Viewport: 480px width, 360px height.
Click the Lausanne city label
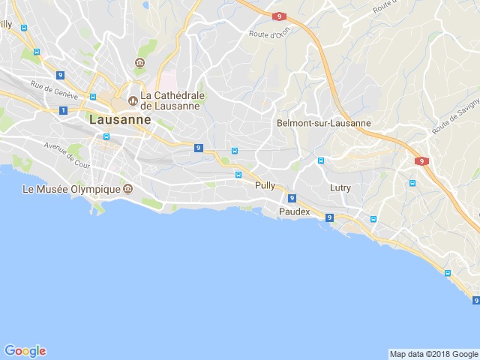click(x=120, y=118)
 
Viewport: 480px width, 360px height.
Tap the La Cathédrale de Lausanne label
click(x=169, y=100)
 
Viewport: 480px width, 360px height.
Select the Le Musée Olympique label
click(x=71, y=189)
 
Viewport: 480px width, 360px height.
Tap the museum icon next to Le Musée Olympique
click(x=127, y=189)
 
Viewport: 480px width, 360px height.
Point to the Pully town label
click(x=265, y=184)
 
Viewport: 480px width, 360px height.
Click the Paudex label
click(x=294, y=212)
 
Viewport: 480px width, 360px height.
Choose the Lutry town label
click(x=340, y=187)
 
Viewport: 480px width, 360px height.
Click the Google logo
click(x=25, y=351)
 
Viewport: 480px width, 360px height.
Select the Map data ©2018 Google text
click(x=433, y=354)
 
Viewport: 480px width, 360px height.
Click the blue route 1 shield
click(x=64, y=110)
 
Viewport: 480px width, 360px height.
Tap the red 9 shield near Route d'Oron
click(x=279, y=16)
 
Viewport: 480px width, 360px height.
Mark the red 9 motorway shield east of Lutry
click(x=421, y=161)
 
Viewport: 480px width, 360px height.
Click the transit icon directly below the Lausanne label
click(x=106, y=137)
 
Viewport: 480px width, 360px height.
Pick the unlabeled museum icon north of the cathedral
click(x=139, y=62)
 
